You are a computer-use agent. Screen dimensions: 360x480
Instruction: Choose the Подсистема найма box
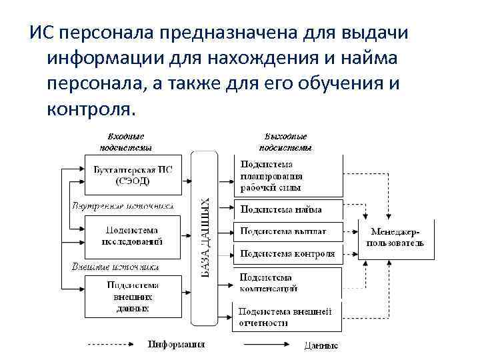click(287, 209)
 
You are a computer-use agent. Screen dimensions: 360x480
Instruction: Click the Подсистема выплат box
click(287, 231)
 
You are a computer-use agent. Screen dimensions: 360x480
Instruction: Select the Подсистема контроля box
click(287, 253)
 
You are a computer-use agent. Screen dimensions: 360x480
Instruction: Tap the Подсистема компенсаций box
click(287, 283)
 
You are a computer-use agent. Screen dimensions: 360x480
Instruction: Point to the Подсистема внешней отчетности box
click(287, 317)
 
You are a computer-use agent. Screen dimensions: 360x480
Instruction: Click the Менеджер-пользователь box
click(396, 238)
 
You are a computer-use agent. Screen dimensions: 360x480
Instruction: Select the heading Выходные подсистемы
click(285, 141)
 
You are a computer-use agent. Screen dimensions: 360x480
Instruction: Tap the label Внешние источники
click(115, 267)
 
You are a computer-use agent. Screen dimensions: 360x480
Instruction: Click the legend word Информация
click(176, 345)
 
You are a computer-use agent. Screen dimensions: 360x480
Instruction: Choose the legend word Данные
click(321, 345)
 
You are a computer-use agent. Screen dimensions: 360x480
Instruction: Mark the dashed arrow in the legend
click(113, 345)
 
